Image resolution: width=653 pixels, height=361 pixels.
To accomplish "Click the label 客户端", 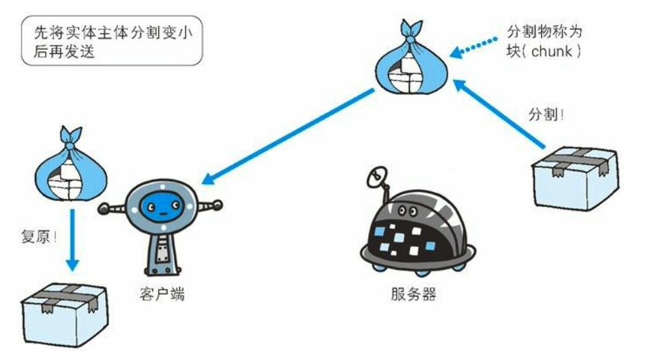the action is (162, 294).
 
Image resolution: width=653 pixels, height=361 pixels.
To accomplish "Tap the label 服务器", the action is (413, 294).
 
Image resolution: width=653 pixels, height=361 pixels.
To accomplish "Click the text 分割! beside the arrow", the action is (546, 114).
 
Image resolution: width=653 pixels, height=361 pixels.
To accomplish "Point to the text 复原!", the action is (39, 237).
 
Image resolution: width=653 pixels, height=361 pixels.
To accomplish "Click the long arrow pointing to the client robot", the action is (287, 136).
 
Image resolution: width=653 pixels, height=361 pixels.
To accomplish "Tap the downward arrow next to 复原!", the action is (73, 240).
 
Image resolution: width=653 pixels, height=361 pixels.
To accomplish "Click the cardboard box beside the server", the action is (574, 178).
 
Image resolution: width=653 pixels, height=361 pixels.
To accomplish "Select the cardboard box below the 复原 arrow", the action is (64, 315).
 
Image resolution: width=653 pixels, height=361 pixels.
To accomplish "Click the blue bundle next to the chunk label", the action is (411, 57).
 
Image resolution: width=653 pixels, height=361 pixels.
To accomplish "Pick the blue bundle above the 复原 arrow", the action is (70, 164).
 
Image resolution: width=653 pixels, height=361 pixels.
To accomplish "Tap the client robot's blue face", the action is (162, 205).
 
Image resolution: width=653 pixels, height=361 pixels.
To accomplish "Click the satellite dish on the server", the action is (377, 178).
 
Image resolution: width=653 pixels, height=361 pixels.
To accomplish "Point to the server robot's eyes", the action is (407, 211).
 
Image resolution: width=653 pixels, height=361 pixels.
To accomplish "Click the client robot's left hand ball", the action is (104, 208).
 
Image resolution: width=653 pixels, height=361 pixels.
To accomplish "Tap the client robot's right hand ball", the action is (217, 205).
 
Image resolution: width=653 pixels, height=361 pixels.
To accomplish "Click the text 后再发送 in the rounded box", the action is (64, 51).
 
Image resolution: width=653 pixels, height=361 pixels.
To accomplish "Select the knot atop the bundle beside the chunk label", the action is (411, 39).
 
